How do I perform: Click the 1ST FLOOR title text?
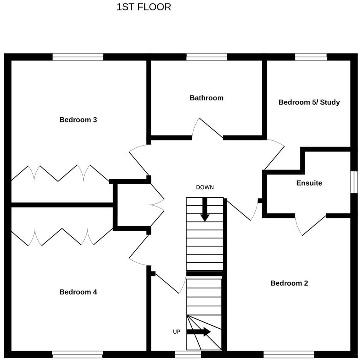point(144,7)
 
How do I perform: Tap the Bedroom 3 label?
point(78,120)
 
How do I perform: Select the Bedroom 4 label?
point(78,292)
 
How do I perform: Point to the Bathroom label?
point(207,98)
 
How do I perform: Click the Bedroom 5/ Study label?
point(309,102)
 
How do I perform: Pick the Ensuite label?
point(309,183)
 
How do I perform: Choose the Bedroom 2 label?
point(289,283)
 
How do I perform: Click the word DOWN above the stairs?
point(205,188)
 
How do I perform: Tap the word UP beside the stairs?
point(177,332)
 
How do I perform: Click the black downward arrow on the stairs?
point(205,210)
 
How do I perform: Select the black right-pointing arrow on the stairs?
point(199,332)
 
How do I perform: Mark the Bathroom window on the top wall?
point(207,57)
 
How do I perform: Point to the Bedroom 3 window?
point(78,57)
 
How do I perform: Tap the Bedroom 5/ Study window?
point(311,57)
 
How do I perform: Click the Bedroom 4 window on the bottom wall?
point(77,354)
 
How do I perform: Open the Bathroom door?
point(208,129)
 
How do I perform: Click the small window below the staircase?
point(188,354)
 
